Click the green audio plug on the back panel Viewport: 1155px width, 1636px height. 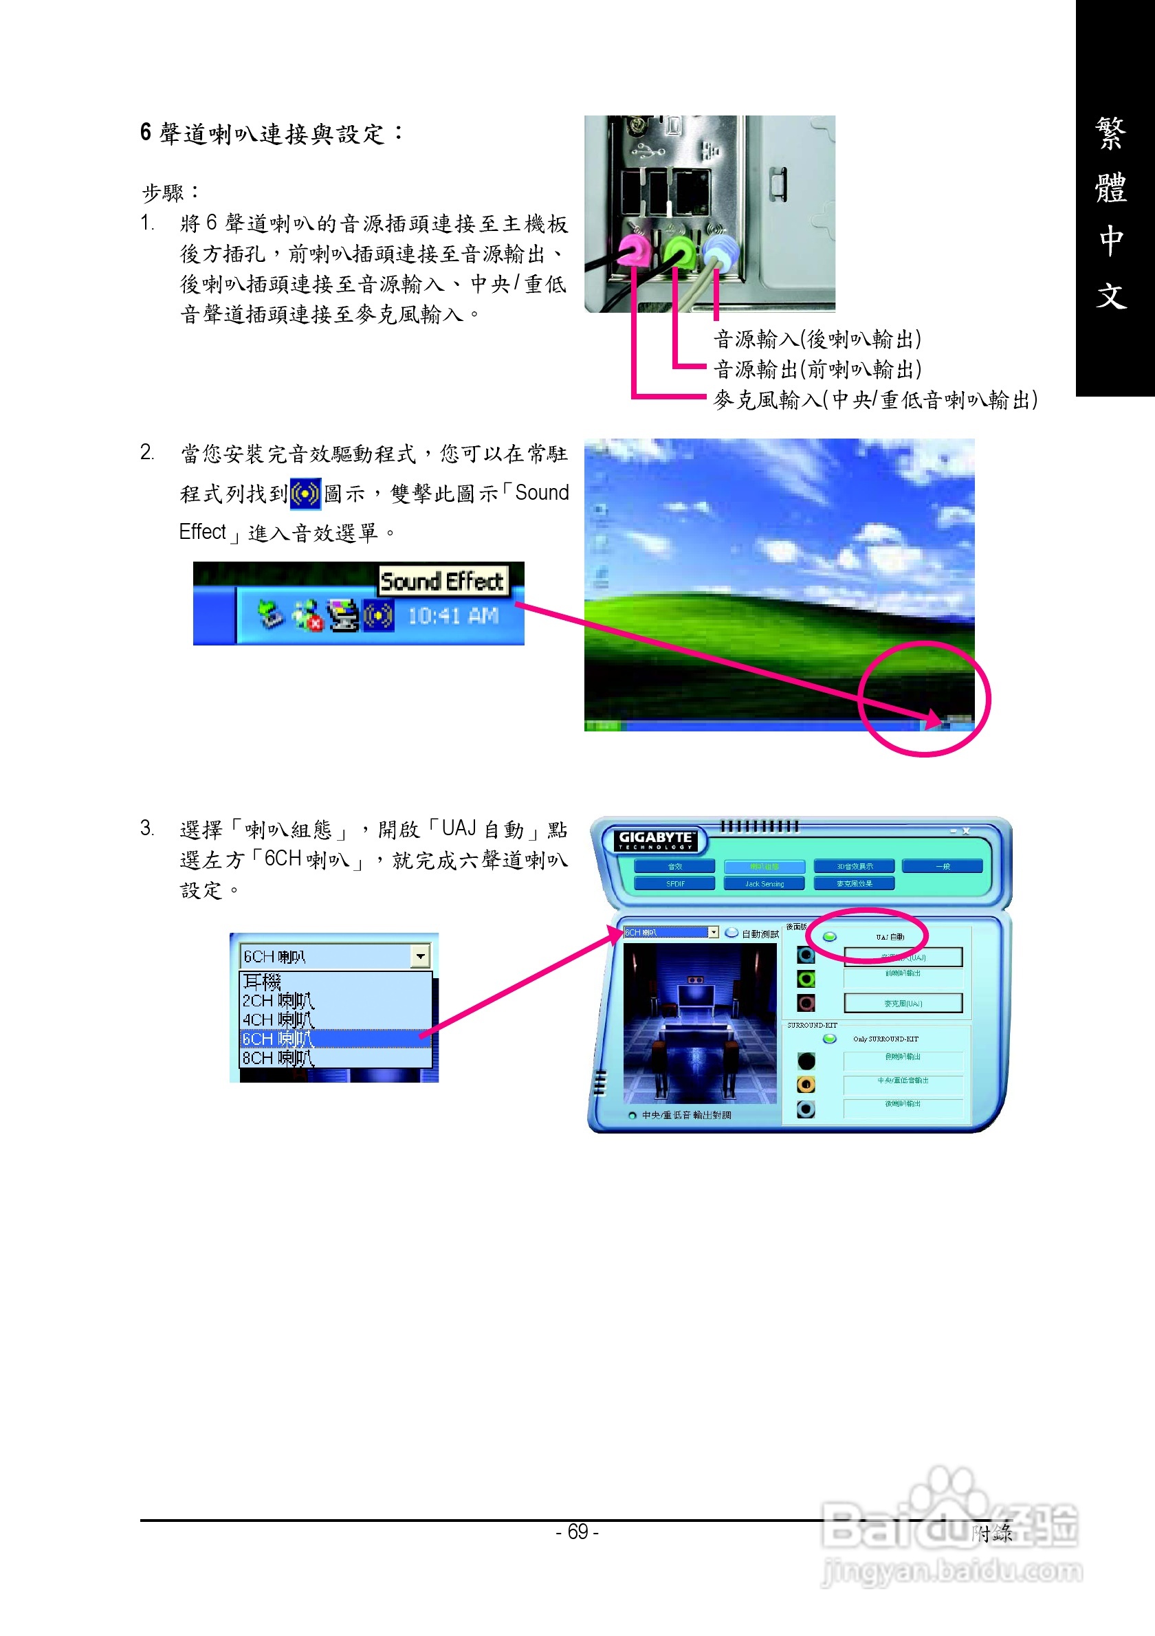click(x=678, y=252)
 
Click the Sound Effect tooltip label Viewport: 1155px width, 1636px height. click(x=442, y=582)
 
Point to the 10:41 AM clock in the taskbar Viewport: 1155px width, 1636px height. click(x=452, y=616)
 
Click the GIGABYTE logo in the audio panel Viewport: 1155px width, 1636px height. click(x=654, y=840)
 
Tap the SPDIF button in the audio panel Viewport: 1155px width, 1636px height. click(x=674, y=883)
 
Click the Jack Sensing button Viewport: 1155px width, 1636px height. click(x=764, y=883)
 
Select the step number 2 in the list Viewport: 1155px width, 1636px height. click(x=146, y=452)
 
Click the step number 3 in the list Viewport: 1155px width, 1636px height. click(x=146, y=828)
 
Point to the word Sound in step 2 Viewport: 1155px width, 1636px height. click(x=542, y=493)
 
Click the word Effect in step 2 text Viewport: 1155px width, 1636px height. click(x=202, y=531)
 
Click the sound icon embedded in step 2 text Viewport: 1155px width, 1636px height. click(x=305, y=494)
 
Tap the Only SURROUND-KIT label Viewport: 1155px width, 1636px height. click(x=885, y=1039)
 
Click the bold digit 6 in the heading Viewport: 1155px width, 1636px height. click(x=146, y=133)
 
